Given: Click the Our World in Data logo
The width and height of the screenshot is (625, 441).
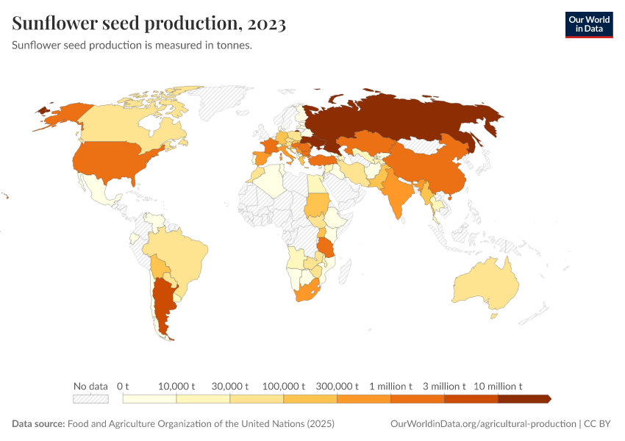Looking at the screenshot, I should point(588,24).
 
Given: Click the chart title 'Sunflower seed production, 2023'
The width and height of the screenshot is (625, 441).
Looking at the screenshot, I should point(149,24).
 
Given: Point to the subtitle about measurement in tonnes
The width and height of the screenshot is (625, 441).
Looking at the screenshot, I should point(132,45).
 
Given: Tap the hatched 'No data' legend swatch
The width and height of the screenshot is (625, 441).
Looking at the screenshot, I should point(90,399).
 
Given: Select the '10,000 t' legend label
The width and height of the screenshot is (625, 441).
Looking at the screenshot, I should point(176,386).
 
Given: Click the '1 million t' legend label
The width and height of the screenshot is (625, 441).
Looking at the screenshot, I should point(390,386).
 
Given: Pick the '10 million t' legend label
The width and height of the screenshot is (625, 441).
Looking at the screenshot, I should point(498,386).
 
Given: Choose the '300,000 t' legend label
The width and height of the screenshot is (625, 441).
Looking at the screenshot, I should point(337,386).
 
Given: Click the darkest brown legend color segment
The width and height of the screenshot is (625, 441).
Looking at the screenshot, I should point(524,399).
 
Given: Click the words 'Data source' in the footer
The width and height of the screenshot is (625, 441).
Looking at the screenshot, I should point(38,424).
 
